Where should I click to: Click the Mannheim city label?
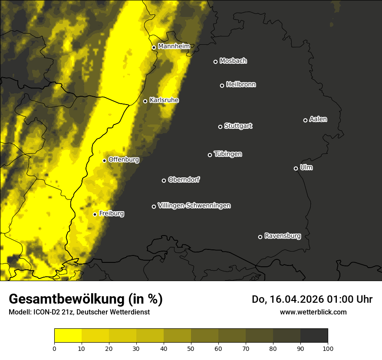point(174,46)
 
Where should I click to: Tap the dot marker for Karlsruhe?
point(145,101)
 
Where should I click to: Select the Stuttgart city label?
point(238,126)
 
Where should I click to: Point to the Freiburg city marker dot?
point(95,214)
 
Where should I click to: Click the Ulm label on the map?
point(306,167)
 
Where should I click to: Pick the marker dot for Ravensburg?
point(260,237)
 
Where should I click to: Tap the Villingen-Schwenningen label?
point(194,206)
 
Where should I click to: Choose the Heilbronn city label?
point(241,85)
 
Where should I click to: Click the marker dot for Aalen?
point(305,120)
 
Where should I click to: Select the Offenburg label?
point(124,160)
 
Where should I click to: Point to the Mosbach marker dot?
point(215,62)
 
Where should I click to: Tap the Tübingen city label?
point(228,154)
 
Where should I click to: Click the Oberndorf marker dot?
point(164,180)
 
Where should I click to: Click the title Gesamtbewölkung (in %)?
point(86,299)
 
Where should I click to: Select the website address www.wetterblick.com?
point(313,312)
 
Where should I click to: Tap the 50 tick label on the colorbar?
point(191,348)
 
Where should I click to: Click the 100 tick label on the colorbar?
point(327,348)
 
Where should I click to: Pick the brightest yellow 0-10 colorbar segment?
point(68,336)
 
